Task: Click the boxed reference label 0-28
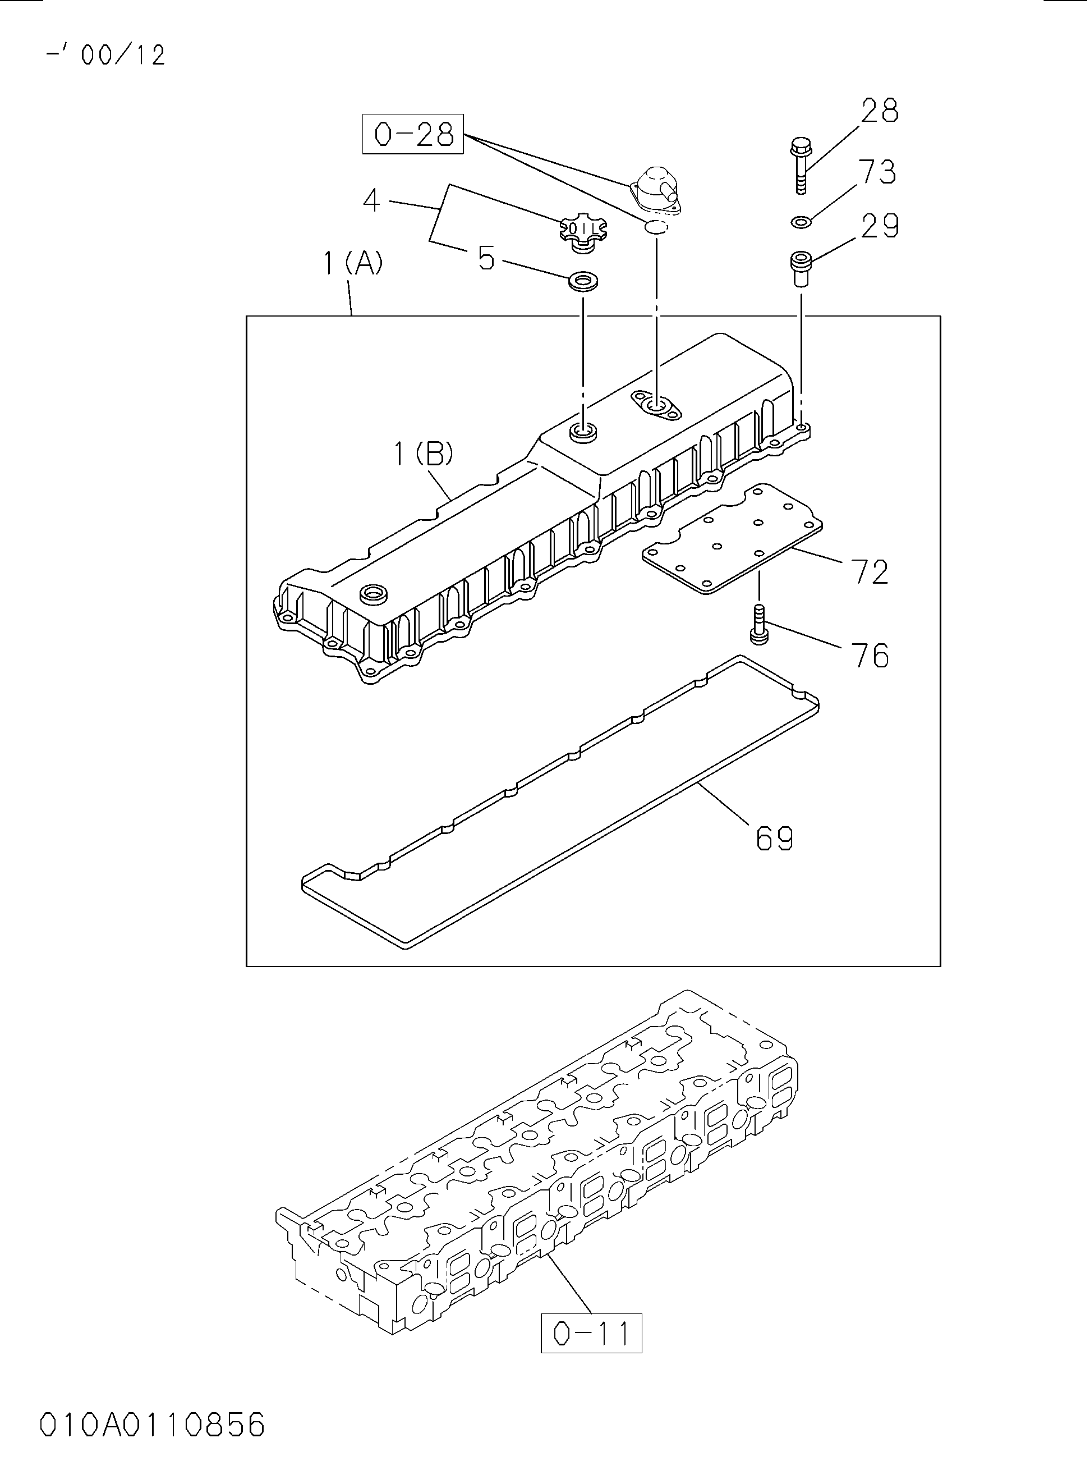(x=413, y=134)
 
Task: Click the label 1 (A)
(x=353, y=264)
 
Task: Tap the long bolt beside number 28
(x=801, y=166)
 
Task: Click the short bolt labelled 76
(x=760, y=624)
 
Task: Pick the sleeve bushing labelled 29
(x=801, y=269)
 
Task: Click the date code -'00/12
(x=105, y=55)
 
